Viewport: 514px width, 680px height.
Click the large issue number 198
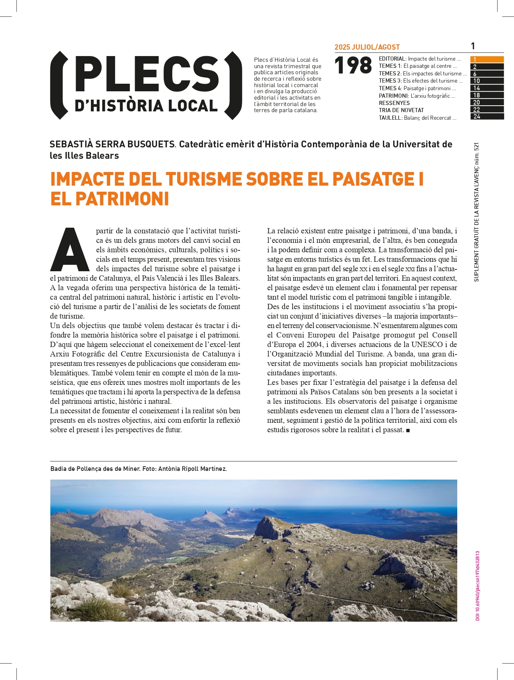[x=353, y=66]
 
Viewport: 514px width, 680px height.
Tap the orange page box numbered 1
[x=487, y=59]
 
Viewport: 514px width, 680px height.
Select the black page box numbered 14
[x=487, y=88]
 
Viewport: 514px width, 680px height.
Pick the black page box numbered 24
[x=487, y=117]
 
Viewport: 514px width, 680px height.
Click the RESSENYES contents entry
[x=394, y=103]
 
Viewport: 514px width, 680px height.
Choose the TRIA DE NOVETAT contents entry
[x=401, y=110]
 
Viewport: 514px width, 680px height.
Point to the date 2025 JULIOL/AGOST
[x=367, y=47]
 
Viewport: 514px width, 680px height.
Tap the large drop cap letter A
[x=70, y=250]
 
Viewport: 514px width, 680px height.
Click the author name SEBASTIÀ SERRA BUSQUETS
[x=112, y=144]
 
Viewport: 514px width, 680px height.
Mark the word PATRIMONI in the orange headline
[x=122, y=199]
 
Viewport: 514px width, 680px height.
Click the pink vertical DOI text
[x=478, y=586]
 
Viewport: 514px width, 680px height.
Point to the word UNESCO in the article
[x=427, y=344]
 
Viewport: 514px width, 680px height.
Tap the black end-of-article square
[x=408, y=430]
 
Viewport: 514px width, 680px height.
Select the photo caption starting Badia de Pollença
[x=139, y=469]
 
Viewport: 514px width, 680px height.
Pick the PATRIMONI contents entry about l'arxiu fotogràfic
[x=417, y=96]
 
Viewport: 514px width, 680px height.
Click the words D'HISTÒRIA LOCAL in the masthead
[x=146, y=106]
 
